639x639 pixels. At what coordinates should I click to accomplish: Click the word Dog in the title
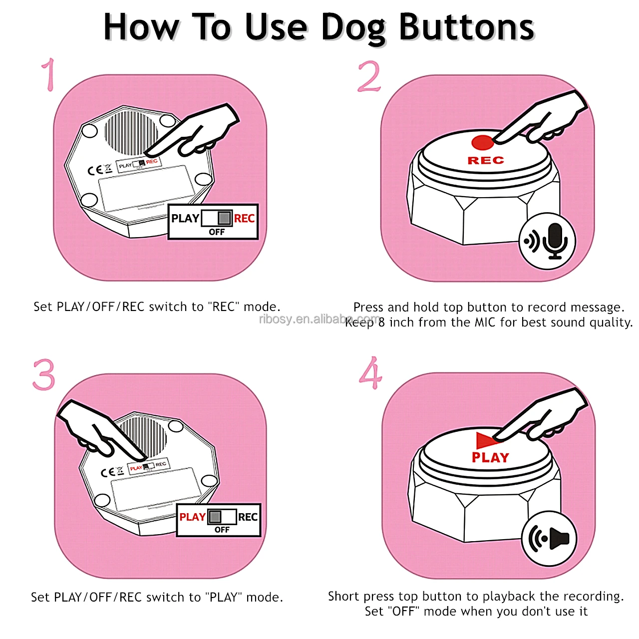[353, 28]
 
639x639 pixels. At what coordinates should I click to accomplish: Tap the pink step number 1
[48, 75]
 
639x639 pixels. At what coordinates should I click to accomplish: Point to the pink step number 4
[370, 373]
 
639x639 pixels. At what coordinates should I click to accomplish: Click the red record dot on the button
[482, 142]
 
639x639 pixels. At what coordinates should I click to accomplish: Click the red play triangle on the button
[486, 440]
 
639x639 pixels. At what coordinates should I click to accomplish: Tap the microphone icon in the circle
[555, 240]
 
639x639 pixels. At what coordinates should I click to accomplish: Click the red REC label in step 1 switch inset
[244, 219]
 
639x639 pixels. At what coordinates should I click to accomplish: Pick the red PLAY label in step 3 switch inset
[192, 517]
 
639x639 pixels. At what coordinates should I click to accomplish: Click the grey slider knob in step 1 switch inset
[225, 218]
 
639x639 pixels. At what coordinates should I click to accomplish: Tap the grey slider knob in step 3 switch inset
[215, 517]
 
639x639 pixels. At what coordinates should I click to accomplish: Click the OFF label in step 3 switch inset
[222, 530]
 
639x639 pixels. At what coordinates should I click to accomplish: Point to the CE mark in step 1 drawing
[95, 170]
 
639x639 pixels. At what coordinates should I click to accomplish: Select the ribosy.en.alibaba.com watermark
[319, 319]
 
